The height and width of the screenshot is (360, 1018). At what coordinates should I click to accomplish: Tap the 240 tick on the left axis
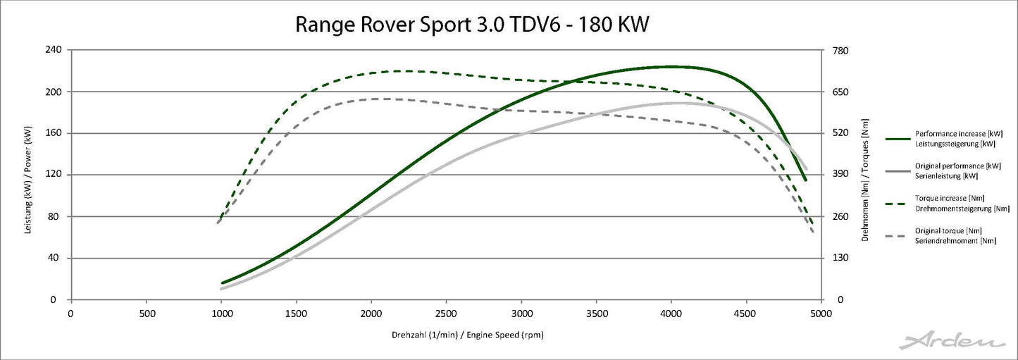click(54, 50)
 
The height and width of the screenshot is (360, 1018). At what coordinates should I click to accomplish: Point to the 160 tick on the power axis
click(54, 133)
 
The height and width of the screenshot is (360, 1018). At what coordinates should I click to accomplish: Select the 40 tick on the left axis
click(56, 258)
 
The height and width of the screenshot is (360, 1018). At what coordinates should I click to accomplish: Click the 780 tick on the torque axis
click(840, 50)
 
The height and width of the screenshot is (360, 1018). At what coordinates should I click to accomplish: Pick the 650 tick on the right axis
click(840, 92)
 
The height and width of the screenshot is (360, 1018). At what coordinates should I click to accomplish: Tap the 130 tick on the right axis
click(840, 258)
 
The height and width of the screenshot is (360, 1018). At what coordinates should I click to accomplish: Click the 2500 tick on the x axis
click(446, 312)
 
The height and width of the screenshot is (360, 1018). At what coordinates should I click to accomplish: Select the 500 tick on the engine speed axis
click(146, 312)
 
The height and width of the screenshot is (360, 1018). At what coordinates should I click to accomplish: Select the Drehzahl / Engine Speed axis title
click(467, 335)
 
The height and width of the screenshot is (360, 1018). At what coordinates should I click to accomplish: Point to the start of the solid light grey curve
click(221, 289)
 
